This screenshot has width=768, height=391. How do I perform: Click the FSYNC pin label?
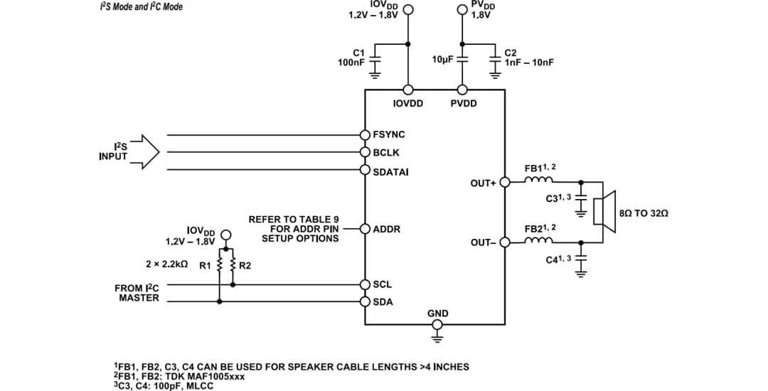pyautogui.click(x=389, y=134)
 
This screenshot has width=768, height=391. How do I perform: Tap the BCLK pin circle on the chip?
pyautogui.click(x=365, y=152)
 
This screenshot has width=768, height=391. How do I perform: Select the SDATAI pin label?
pyautogui.click(x=391, y=171)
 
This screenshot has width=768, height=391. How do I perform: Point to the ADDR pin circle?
pyautogui.click(x=365, y=229)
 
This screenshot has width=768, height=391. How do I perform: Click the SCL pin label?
pyautogui.click(x=383, y=284)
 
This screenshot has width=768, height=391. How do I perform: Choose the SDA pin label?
pyautogui.click(x=383, y=301)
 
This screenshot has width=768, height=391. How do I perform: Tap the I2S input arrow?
pyautogui.click(x=146, y=152)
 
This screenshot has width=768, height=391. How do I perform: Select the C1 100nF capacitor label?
pyautogui.click(x=351, y=58)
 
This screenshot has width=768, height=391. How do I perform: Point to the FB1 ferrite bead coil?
pyautogui.click(x=535, y=181)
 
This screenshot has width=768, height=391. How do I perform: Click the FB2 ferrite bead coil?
pyautogui.click(x=535, y=241)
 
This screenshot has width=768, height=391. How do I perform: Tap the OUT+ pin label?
pyautogui.click(x=484, y=183)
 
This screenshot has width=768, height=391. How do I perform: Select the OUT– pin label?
pyautogui.click(x=484, y=242)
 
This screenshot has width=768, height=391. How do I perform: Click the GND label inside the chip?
pyautogui.click(x=437, y=313)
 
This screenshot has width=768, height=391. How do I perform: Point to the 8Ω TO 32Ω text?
pyautogui.click(x=644, y=213)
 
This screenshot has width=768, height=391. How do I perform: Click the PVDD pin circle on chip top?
pyautogui.click(x=462, y=90)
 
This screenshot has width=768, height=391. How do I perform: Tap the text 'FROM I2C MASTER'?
pyautogui.click(x=137, y=293)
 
